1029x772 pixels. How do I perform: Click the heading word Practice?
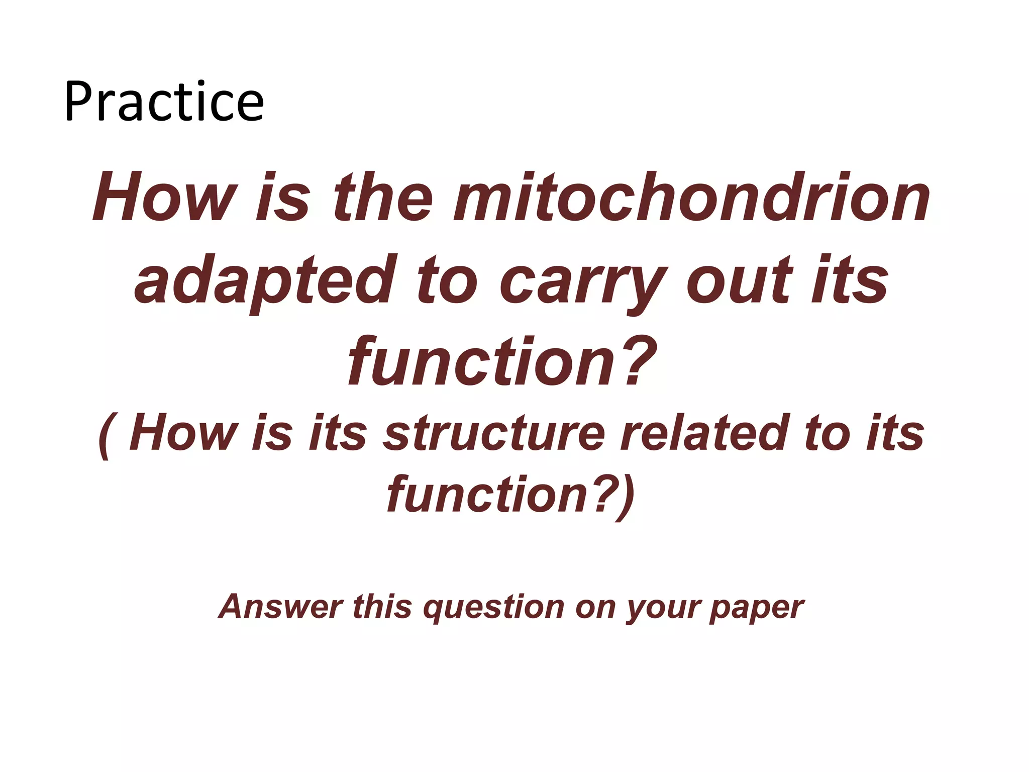[x=164, y=102]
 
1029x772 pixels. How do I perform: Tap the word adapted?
[x=262, y=279]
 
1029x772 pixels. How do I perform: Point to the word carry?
[x=583, y=279]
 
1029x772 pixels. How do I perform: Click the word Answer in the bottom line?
[x=281, y=607]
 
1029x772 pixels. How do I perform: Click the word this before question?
[x=382, y=607]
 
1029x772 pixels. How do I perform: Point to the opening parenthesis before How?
[x=104, y=435]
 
